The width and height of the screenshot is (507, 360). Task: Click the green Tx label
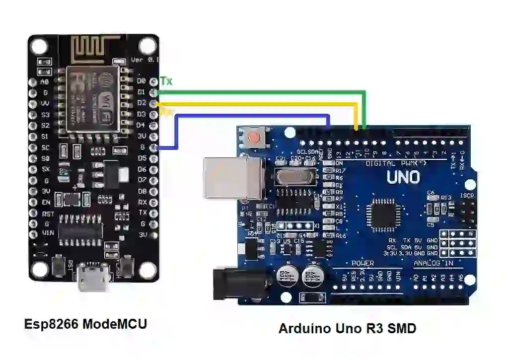(166, 81)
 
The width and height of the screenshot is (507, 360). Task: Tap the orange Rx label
(166, 112)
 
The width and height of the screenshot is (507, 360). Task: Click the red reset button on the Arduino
(255, 137)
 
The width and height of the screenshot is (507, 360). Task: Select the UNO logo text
(403, 177)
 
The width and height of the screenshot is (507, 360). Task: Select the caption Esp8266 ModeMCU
(86, 324)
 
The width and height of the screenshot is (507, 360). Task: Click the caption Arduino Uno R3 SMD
(347, 328)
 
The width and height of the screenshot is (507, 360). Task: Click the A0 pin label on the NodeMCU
(45, 82)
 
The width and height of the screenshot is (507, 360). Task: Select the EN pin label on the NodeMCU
(46, 203)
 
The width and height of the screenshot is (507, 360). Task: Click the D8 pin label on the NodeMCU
(142, 191)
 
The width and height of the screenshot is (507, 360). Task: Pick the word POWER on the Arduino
(362, 263)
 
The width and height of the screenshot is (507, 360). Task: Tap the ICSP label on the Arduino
(467, 196)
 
